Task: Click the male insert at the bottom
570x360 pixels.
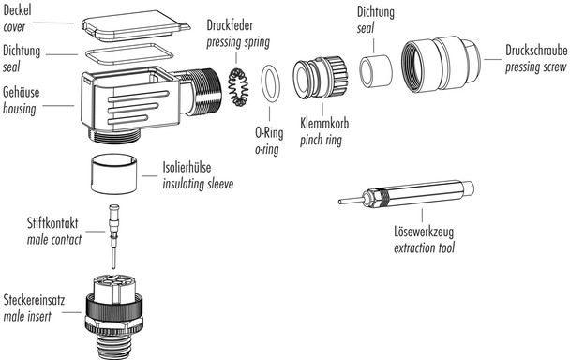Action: [x=113, y=309]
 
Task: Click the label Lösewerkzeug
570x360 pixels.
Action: [x=418, y=235]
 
